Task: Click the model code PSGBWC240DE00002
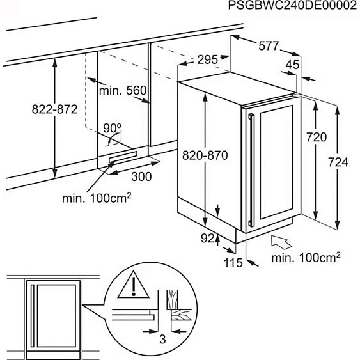(x=290, y=6)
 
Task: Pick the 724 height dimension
(x=337, y=162)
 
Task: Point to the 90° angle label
(x=112, y=127)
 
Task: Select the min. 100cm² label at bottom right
(x=306, y=258)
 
